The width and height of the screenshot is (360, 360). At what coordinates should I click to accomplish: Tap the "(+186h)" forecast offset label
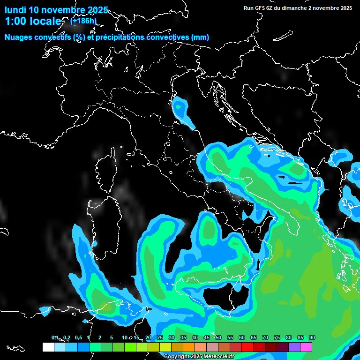click(x=83, y=21)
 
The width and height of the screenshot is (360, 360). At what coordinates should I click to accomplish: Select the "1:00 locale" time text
click(x=33, y=22)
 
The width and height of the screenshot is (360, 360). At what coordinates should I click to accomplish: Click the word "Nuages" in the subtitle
click(x=19, y=37)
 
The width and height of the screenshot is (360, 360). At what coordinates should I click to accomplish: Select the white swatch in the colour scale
click(x=48, y=347)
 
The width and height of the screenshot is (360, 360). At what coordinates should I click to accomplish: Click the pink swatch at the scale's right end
click(x=306, y=347)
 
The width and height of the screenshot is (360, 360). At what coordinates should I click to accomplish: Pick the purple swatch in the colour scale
click(x=294, y=347)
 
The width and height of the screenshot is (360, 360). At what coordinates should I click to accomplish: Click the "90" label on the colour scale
click(x=312, y=338)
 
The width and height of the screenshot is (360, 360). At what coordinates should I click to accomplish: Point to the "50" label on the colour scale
click(x=218, y=338)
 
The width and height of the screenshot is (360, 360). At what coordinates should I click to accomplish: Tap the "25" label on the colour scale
click(x=160, y=338)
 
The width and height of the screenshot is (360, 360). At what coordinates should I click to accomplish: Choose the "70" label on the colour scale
click(x=265, y=338)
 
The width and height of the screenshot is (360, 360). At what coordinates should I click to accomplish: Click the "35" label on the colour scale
click(x=183, y=338)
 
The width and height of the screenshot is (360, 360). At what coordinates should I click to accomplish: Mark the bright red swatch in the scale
click(x=247, y=347)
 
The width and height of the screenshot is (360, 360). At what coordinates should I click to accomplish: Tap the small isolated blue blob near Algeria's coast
click(x=45, y=310)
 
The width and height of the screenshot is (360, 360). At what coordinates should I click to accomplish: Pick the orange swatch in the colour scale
click(x=189, y=347)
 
